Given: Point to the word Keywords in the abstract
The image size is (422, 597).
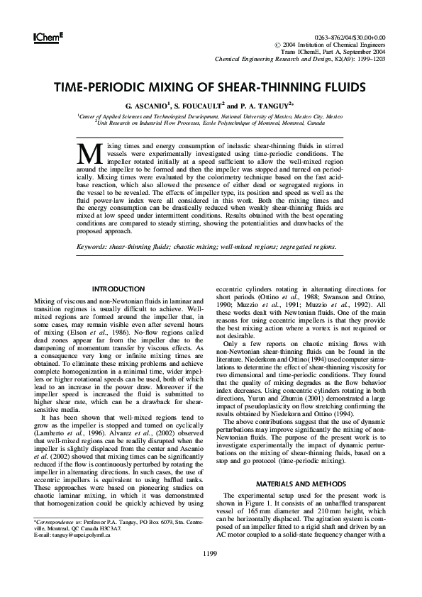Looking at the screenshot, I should point(97,247).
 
